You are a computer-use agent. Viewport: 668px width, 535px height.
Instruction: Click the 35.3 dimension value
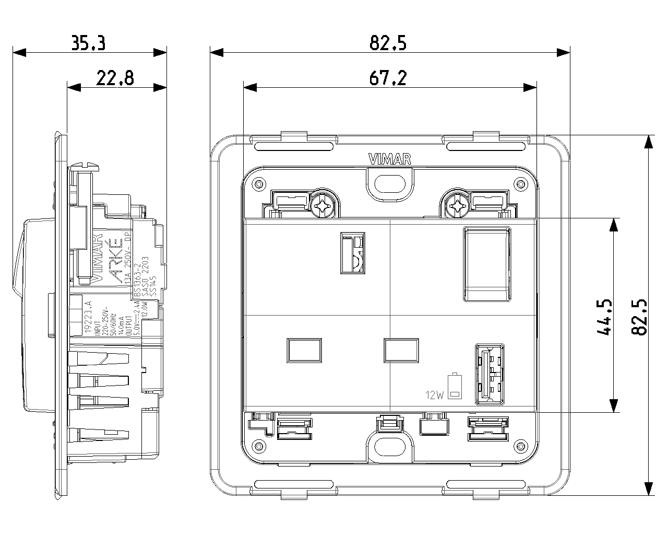click(x=89, y=43)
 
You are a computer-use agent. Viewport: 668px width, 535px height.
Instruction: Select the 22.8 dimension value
click(x=115, y=78)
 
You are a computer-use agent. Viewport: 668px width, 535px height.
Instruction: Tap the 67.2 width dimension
click(x=388, y=78)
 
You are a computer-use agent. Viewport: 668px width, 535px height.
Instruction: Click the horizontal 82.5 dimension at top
click(x=388, y=43)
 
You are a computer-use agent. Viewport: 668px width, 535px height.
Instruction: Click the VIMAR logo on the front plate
click(x=389, y=159)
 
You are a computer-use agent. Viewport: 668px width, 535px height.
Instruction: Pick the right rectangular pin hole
click(x=401, y=350)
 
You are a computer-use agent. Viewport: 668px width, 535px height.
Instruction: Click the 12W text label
click(x=434, y=395)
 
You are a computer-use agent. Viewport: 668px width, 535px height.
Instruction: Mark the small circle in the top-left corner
click(x=257, y=183)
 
